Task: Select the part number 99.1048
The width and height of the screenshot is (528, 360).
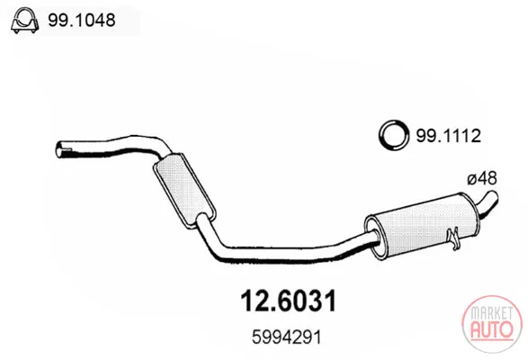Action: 82,20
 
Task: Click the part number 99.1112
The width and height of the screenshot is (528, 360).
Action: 449,136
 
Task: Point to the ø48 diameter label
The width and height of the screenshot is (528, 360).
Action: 482,178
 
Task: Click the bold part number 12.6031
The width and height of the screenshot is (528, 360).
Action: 288,301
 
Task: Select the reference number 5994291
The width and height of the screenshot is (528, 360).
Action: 287,337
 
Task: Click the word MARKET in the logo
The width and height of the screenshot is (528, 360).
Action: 491,313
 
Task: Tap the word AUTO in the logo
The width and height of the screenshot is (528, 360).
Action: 492,329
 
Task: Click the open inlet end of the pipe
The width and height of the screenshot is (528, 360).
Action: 59,149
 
